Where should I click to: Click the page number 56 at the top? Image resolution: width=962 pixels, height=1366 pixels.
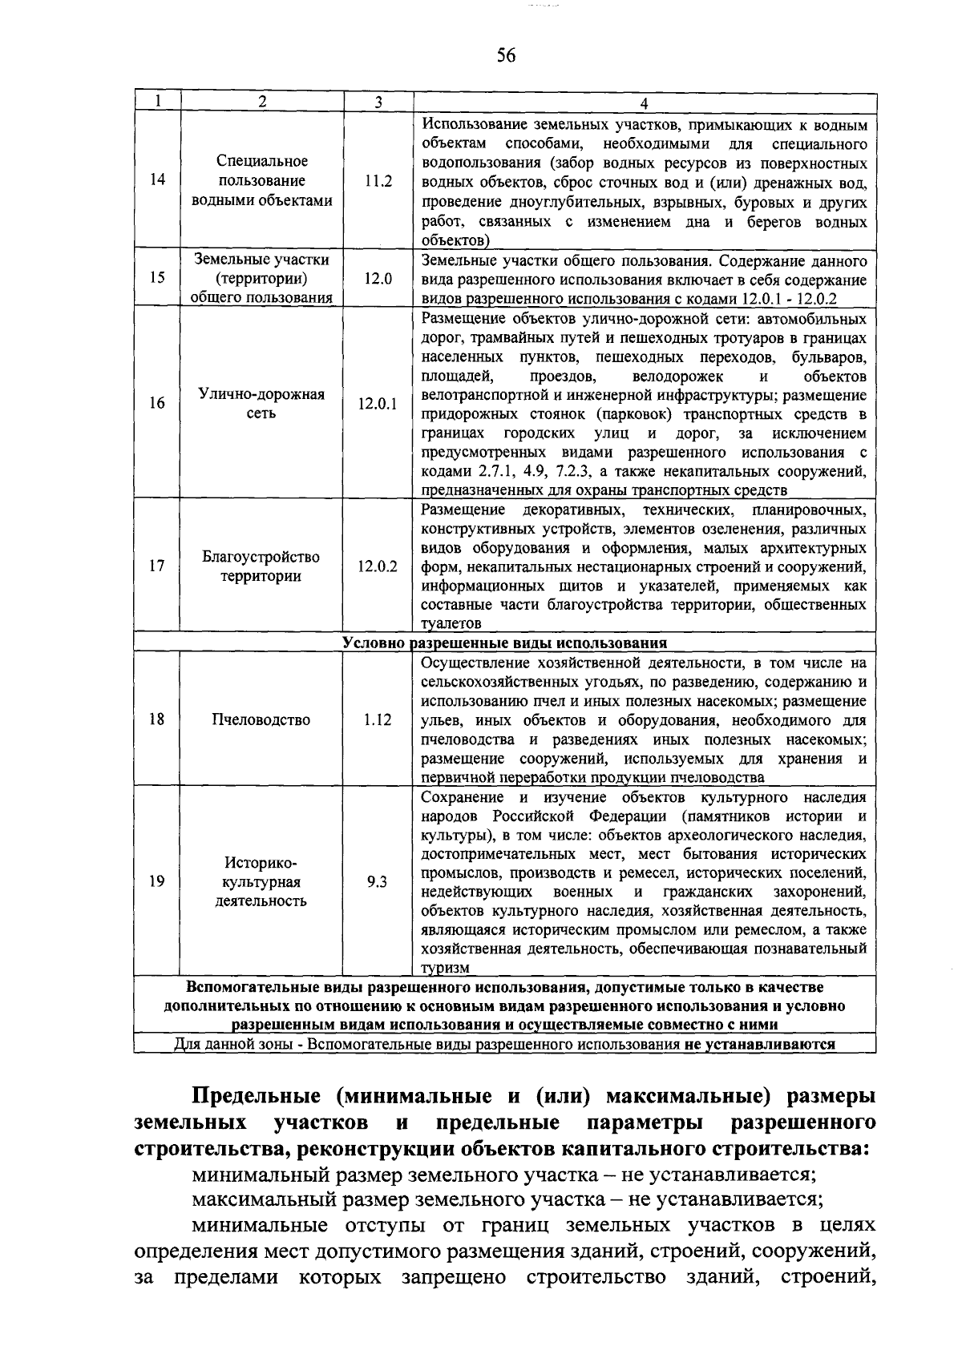pyautogui.click(x=505, y=55)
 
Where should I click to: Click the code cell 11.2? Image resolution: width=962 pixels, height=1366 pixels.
pyautogui.click(x=378, y=181)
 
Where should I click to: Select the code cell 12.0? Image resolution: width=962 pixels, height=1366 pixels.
pyautogui.click(x=378, y=278)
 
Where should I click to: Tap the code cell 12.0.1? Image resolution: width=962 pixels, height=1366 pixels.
pyautogui.click(x=378, y=404)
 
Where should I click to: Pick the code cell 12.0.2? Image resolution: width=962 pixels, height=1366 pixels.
pyautogui.click(x=378, y=566)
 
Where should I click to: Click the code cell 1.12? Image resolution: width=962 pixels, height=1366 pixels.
pyautogui.click(x=378, y=719)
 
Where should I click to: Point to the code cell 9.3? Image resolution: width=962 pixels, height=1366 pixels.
pyautogui.click(x=378, y=881)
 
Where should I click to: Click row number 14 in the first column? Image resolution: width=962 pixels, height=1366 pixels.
pyautogui.click(x=157, y=179)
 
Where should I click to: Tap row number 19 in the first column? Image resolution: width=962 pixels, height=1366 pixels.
pyautogui.click(x=157, y=881)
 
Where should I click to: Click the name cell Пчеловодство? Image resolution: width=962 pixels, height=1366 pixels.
pyautogui.click(x=261, y=719)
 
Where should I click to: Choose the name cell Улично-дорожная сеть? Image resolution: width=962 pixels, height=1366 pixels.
pyautogui.click(x=261, y=404)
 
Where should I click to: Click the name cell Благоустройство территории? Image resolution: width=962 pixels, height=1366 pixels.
pyautogui.click(x=261, y=566)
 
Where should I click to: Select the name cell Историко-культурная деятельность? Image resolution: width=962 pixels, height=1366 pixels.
pyautogui.click(x=261, y=881)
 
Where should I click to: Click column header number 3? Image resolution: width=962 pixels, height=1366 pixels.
pyautogui.click(x=378, y=102)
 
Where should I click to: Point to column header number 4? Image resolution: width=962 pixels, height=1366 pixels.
pyautogui.click(x=644, y=102)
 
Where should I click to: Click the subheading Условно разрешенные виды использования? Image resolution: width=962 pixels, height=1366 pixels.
pyautogui.click(x=505, y=643)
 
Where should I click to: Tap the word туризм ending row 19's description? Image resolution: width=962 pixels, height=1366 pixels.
pyautogui.click(x=446, y=968)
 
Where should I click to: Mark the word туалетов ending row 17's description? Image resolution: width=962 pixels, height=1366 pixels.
pyautogui.click(x=451, y=623)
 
